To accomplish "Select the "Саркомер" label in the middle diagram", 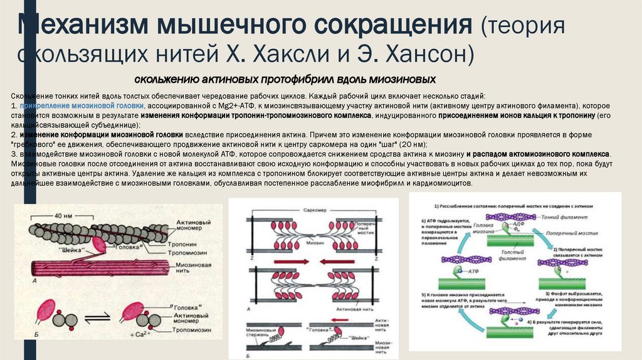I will [x=312, y=208].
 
